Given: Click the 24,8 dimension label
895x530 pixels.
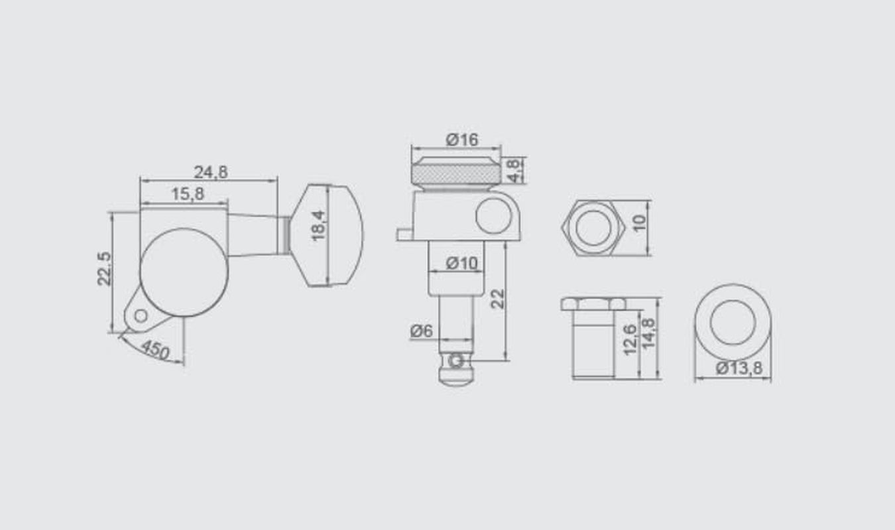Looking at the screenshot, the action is (x=211, y=172).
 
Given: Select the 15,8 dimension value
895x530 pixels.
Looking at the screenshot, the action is (x=188, y=194).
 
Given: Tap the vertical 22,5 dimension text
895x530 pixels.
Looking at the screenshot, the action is (x=104, y=268).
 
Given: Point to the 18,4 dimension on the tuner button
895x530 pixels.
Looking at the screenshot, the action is (x=318, y=226).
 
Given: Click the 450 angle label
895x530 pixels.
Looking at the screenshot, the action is (x=155, y=350).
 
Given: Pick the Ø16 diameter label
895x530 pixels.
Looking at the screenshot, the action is (x=462, y=140).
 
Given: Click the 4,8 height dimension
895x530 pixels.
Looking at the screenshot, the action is (x=514, y=171).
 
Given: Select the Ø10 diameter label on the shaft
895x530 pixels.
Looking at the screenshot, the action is (x=462, y=263).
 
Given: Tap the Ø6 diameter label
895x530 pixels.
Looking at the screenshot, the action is (x=422, y=331).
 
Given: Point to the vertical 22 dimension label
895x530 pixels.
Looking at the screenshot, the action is (x=497, y=299).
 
